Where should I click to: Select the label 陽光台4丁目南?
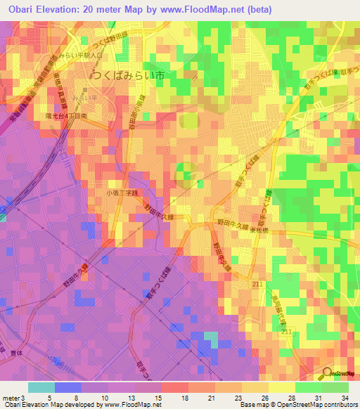[x=66, y=115]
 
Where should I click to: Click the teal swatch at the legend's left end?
[x=41, y=387]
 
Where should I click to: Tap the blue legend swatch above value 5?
[x=68, y=387]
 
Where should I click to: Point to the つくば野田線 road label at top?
[x=112, y=28]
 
